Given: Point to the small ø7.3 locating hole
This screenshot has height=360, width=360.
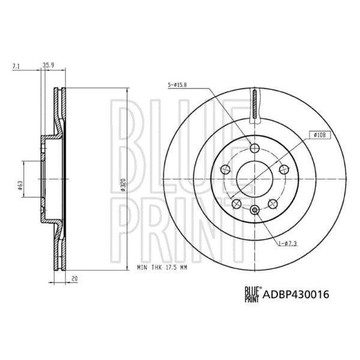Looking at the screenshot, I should [x=254, y=209].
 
